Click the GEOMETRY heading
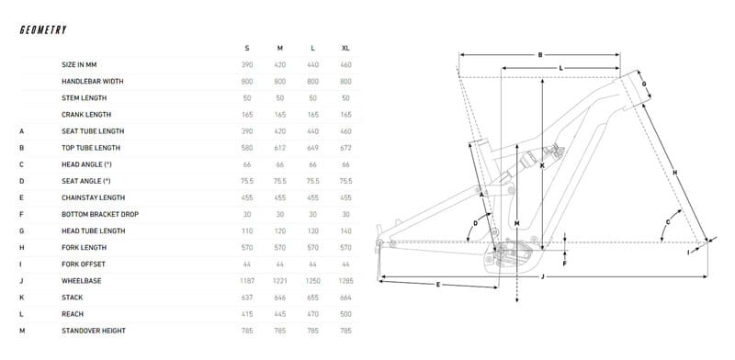43,30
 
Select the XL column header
346,49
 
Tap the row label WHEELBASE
82,281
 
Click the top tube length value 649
312,148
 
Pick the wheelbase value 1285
346,281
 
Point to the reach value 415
247,314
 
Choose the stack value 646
280,298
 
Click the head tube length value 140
346,231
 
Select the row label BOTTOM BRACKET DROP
100,214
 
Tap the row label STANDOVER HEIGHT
94,331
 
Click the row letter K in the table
21,298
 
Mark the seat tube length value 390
247,131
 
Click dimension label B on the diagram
540,55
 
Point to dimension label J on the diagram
542,276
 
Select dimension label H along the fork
675,173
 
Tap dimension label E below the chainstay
438,284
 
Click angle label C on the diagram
668,221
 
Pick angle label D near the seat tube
475,223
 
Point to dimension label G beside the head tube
644,84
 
